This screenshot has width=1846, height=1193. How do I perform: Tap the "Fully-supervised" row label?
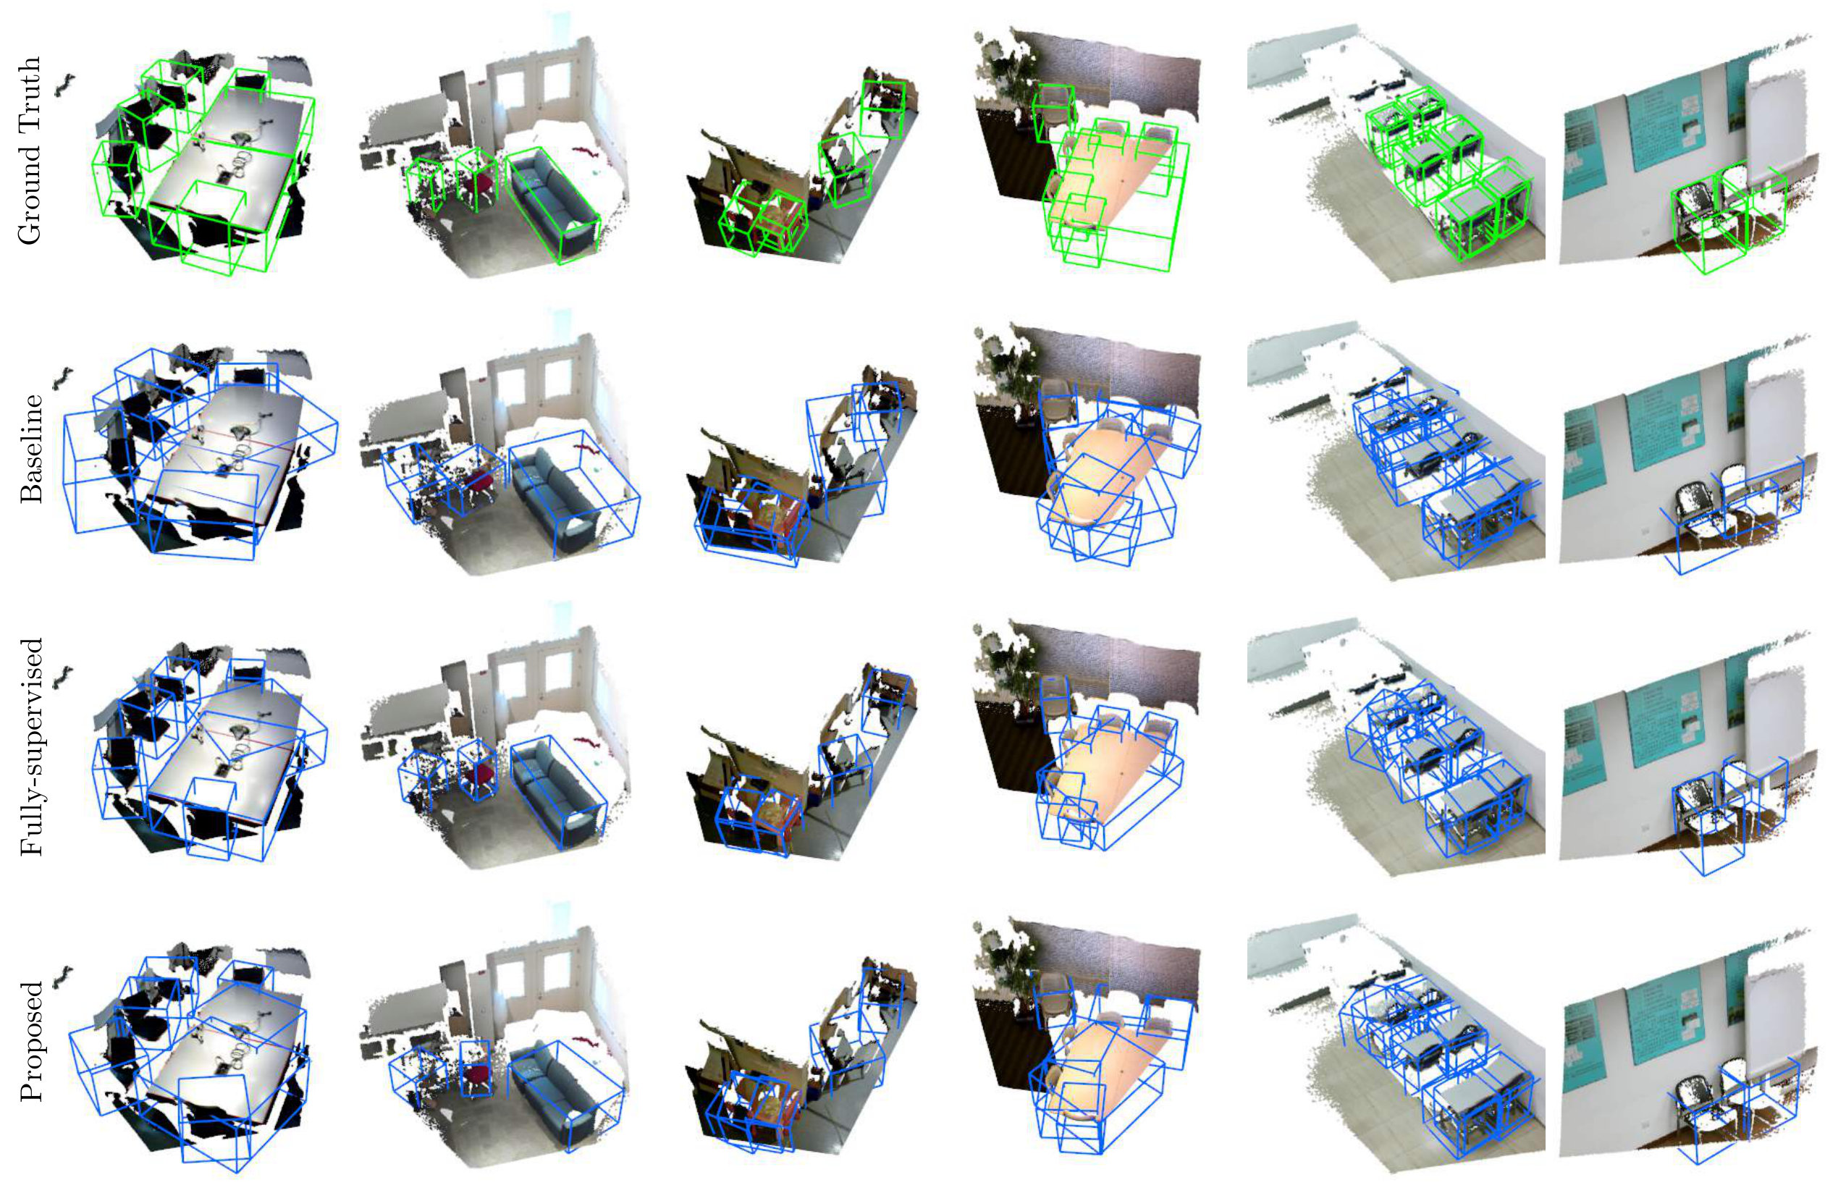point(31,747)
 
